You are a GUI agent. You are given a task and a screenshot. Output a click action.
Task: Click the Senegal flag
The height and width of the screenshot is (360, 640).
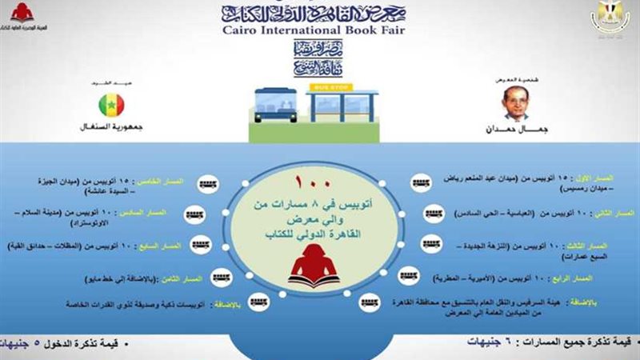111,105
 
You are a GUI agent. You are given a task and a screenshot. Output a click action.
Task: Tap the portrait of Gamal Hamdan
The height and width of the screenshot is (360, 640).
517,103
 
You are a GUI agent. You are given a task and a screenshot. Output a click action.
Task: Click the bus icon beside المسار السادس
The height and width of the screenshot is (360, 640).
194,214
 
